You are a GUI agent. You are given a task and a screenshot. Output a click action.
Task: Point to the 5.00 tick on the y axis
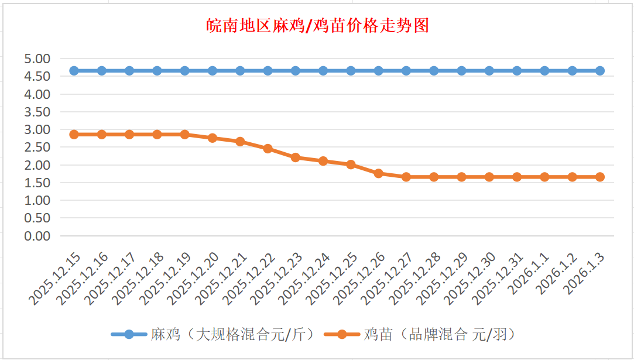tap(37, 59)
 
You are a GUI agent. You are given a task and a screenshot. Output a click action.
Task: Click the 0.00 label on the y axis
tap(37, 236)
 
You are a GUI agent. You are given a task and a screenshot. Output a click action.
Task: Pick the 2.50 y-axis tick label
tap(37, 147)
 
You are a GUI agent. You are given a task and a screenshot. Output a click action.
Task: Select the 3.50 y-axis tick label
tap(37, 112)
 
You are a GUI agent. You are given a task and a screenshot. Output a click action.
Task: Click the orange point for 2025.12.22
tap(268, 149)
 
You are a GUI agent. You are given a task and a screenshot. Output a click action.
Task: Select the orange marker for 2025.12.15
tap(74, 135)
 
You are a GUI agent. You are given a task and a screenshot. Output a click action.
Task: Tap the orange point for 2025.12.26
tap(379, 173)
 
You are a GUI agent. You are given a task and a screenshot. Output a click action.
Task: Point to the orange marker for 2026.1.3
tap(600, 177)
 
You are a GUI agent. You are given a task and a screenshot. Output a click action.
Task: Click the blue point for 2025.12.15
tap(74, 71)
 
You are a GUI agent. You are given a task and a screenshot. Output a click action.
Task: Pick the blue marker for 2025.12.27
tap(406, 71)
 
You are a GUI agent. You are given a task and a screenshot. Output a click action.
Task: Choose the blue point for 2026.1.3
tap(600, 71)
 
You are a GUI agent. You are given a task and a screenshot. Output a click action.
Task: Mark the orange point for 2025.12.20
tap(213, 138)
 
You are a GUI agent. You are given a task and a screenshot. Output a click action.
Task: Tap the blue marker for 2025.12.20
tap(213, 71)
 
